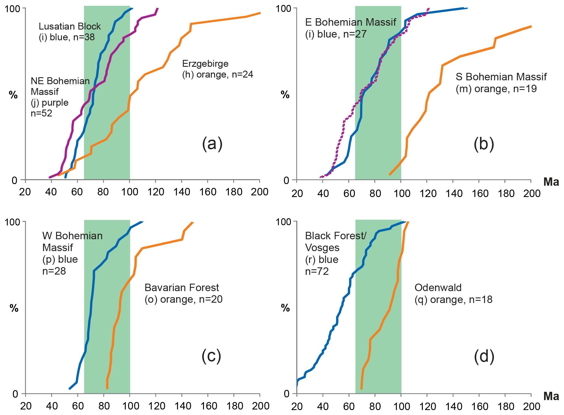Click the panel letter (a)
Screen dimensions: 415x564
212,144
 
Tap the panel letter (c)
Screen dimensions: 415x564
211,356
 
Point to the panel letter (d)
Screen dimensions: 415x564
484,357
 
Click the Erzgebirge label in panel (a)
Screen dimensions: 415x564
205,64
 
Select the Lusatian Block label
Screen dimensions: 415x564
70,26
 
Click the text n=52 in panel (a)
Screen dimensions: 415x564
41,113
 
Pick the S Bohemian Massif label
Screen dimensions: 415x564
501,77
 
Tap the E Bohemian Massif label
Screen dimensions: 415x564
350,22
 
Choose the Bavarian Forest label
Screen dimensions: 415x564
182,288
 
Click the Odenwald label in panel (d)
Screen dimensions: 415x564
438,288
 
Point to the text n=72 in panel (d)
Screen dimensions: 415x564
317,272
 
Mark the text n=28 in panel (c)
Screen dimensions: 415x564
54,271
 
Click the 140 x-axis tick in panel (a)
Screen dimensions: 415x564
182,192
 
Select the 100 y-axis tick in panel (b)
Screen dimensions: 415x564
284,9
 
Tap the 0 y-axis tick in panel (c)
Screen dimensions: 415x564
15,394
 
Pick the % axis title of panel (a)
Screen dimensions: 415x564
13,95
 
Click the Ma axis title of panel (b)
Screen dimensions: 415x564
551,182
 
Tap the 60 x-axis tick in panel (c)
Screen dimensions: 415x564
78,406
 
